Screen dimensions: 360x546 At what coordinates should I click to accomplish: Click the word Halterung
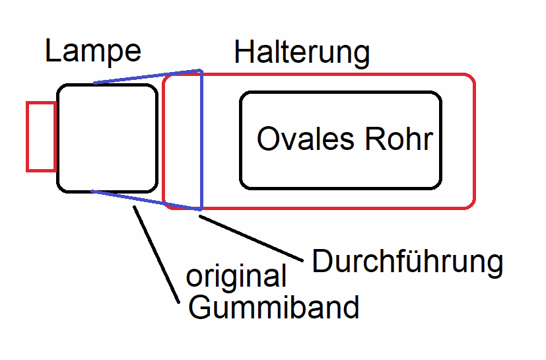pos(302,53)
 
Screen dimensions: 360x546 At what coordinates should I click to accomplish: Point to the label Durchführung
pos(407,262)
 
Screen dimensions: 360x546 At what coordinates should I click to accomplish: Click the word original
pos(236,277)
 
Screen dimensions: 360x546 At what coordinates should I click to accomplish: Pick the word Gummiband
pos(274,307)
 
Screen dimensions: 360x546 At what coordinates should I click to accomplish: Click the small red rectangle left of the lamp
pos(41,137)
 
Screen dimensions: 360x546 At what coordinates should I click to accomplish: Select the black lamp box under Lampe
pos(108,137)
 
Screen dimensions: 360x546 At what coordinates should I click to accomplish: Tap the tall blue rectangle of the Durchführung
pos(201,139)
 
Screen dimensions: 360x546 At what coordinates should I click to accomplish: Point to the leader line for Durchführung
pos(251,236)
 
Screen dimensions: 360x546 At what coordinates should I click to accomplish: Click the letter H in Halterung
pos(244,53)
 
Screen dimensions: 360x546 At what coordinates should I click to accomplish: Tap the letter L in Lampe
pos(52,52)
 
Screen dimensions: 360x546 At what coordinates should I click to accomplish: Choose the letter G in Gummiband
pos(199,307)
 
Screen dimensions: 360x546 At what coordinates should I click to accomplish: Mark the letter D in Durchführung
pos(322,262)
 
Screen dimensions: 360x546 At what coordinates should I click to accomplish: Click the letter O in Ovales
pos(267,139)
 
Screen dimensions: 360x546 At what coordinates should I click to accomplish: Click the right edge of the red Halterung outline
pos(475,141)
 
